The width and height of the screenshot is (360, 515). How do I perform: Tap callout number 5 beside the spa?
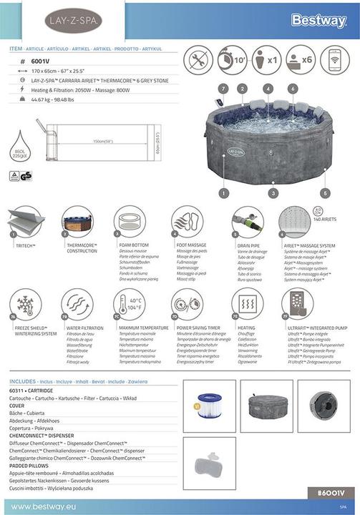[x=326, y=192]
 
